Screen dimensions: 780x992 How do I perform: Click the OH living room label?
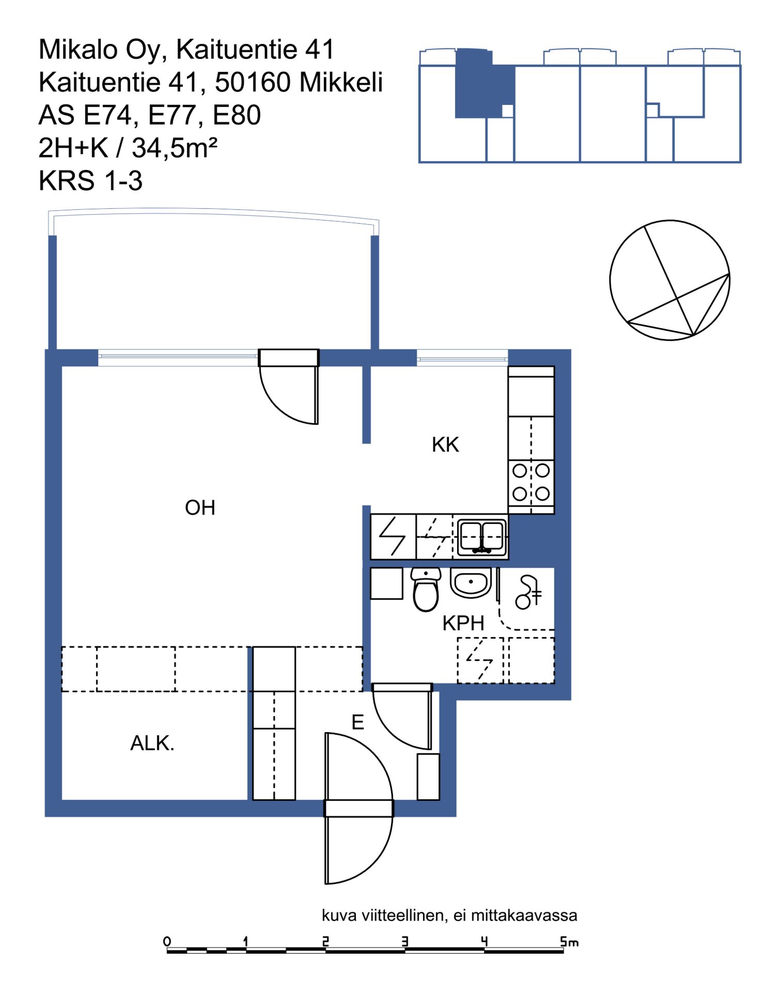point(200,508)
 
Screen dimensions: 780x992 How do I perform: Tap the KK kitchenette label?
point(445,445)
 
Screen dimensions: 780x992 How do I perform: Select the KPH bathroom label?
point(463,624)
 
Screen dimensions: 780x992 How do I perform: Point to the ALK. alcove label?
point(152,743)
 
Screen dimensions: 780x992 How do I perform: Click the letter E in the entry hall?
point(357,722)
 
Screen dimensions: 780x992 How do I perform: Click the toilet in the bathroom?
point(426,590)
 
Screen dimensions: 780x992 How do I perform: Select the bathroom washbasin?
point(471,583)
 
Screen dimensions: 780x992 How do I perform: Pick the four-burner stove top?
point(531,483)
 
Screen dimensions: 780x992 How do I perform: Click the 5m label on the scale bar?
point(569,942)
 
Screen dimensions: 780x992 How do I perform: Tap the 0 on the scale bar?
point(167,941)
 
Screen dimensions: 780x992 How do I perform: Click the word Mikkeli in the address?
point(341,82)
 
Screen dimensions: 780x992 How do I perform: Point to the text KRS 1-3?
point(90,181)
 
